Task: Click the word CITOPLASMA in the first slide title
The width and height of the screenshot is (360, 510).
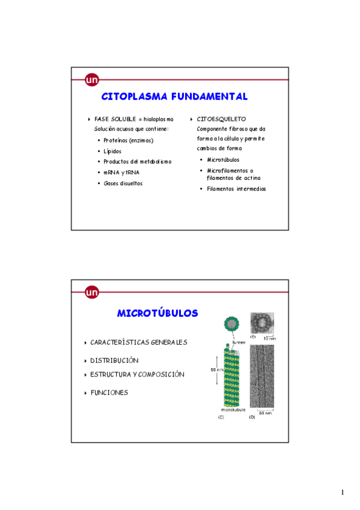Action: tap(135, 96)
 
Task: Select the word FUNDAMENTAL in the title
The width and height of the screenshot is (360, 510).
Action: tap(209, 96)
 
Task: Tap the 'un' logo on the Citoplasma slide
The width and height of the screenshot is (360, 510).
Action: tap(92, 79)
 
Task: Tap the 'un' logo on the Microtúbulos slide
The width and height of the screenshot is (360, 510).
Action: tap(92, 292)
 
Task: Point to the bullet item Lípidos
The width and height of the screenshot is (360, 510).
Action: tap(112, 152)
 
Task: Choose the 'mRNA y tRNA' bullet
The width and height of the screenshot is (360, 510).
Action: tap(121, 173)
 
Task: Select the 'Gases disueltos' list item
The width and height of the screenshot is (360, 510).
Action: tap(123, 183)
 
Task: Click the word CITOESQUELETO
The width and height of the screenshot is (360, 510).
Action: tap(221, 119)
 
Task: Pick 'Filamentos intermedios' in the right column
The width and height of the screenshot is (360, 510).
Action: tap(236, 189)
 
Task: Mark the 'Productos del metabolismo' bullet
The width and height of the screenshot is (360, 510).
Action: tap(138, 162)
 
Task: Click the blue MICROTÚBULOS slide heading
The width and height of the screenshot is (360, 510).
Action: tap(157, 313)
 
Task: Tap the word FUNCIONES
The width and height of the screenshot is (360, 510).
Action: tap(109, 393)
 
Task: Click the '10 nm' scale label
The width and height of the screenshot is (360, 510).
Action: tap(270, 339)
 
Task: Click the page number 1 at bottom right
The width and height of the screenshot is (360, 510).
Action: tap(342, 493)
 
